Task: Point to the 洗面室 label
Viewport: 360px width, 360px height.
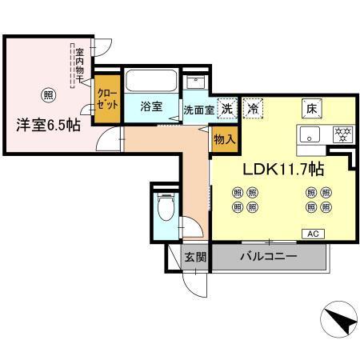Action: [x=198, y=110]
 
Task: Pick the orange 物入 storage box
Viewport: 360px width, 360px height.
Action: [x=223, y=139]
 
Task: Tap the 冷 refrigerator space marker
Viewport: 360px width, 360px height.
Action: [x=254, y=109]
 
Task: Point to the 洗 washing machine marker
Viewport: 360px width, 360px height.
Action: [x=227, y=109]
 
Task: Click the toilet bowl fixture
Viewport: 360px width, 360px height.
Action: [x=166, y=207]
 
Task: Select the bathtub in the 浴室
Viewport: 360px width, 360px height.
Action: [x=152, y=81]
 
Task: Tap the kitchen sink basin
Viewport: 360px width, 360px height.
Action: [x=311, y=134]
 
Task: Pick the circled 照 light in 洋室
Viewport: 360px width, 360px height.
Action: [x=49, y=92]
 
